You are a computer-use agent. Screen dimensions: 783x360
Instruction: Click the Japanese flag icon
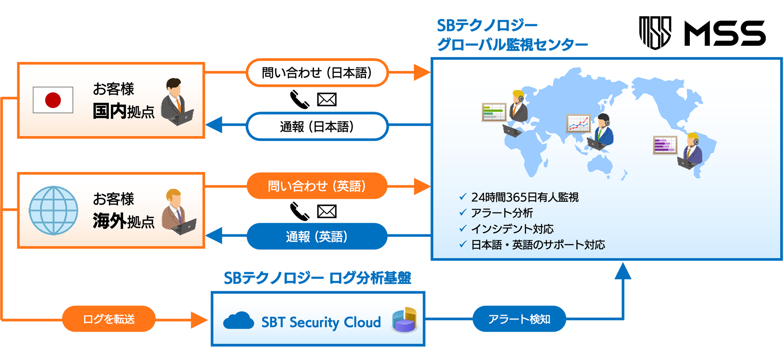coord(53,100)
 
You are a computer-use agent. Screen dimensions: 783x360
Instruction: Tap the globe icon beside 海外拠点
coord(54,211)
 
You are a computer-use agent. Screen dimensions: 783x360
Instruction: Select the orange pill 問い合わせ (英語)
coord(317,186)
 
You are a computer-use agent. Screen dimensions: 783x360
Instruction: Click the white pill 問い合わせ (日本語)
coord(317,73)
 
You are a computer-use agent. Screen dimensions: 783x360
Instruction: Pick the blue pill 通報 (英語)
coord(317,236)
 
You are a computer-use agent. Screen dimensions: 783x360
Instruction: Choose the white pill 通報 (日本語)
coord(317,126)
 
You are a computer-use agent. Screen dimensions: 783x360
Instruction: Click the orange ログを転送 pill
coord(109,319)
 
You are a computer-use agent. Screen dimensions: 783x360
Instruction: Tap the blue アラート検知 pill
coord(519,319)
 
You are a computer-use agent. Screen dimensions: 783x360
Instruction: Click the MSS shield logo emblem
coord(655,33)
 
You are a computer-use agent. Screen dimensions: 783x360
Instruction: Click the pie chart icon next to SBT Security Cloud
coord(404,320)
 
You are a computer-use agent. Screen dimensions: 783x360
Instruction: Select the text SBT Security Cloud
coord(321,322)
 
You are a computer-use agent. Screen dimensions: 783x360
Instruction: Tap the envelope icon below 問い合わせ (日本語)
coord(327,100)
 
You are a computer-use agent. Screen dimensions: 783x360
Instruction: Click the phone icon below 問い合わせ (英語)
coord(299,211)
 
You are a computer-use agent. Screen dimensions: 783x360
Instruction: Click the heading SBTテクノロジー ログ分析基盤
coord(318,278)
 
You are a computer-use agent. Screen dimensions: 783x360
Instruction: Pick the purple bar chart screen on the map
coord(665,145)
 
